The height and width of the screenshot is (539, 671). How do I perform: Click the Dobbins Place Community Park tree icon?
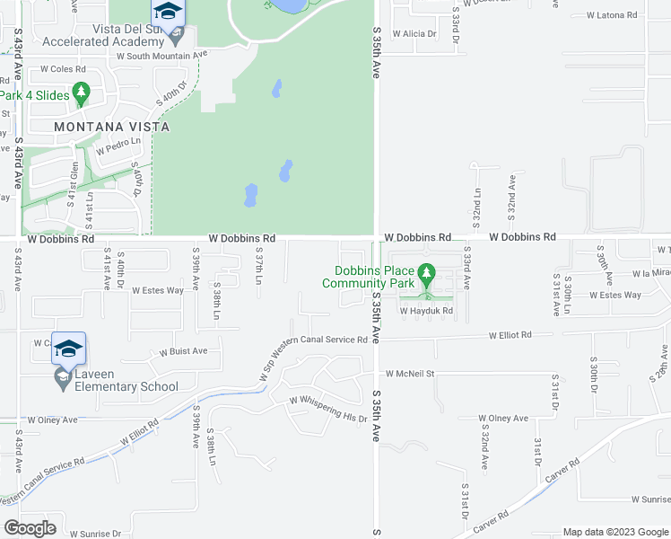(427, 270)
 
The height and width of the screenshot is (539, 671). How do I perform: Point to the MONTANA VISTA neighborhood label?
(111, 127)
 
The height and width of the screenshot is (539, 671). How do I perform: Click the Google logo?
(30, 528)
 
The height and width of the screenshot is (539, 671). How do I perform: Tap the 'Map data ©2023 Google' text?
(615, 532)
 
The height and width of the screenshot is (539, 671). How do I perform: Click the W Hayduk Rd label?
(427, 311)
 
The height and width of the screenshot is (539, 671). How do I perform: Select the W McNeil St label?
(410, 374)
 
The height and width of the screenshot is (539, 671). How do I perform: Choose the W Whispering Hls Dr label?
(328, 409)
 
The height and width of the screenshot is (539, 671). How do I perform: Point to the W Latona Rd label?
(611, 15)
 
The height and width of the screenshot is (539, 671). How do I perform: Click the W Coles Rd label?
(61, 69)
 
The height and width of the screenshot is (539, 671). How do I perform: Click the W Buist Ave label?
(183, 351)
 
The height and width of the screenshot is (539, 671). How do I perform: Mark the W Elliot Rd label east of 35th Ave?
(510, 334)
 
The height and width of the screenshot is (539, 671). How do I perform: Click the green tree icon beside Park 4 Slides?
(81, 92)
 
